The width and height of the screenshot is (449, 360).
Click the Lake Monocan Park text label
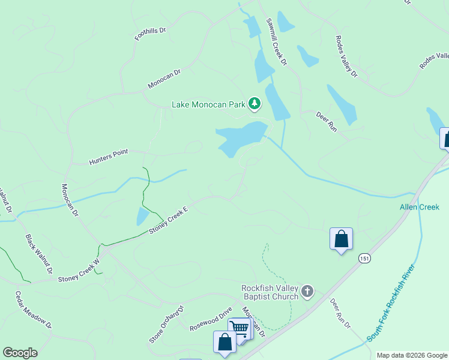coord(208,104)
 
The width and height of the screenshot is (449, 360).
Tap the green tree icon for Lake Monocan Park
coord(255,104)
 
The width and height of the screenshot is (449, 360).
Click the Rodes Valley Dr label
coord(346,56)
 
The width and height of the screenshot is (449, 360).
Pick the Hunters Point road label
coord(109,158)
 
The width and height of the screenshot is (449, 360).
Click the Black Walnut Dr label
coord(39,254)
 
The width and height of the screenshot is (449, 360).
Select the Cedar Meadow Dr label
coord(34,310)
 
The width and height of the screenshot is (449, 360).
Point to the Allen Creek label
coord(420,207)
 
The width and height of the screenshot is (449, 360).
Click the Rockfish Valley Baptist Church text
coord(270,292)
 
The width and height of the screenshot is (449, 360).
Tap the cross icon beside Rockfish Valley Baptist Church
coord(307,292)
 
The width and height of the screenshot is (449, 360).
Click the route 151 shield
coord(364,258)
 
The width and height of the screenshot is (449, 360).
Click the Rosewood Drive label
coord(210,320)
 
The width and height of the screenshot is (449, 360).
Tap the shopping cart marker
coord(240,328)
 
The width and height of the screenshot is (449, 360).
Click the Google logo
coord(20,353)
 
